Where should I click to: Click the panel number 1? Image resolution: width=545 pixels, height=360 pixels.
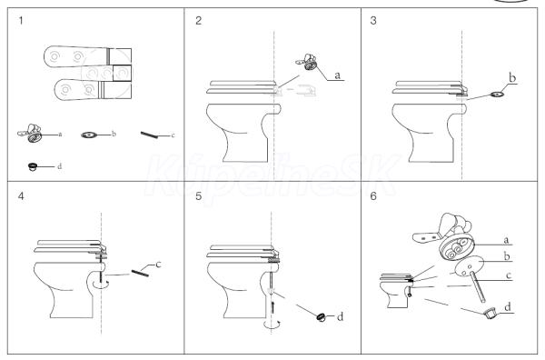21,21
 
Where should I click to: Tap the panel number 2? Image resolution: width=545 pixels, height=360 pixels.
198,21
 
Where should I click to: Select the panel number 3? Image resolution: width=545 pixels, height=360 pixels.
373,21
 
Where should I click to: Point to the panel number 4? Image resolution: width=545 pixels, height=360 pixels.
21,196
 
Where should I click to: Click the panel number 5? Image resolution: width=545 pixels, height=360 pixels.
198,196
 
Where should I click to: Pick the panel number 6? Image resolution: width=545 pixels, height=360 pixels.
373,196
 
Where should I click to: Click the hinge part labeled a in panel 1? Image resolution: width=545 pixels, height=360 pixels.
30,133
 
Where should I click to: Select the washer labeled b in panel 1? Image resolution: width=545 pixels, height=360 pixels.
89,135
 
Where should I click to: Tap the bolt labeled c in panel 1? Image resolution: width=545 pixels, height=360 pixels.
149,135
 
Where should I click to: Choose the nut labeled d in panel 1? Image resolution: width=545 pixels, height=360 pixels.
33,166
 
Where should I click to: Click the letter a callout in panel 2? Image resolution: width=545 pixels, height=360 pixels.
337,75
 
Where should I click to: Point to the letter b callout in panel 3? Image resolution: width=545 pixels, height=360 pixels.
512,78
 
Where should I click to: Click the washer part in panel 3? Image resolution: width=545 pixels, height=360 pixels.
499,94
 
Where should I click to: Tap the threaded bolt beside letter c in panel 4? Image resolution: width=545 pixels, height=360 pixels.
141,274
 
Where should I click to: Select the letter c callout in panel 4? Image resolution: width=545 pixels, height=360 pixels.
158,265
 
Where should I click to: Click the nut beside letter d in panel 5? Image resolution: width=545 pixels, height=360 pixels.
321,317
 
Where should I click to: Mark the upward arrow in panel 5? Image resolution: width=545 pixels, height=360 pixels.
273,306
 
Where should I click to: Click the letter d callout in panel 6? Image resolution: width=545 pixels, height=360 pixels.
508,306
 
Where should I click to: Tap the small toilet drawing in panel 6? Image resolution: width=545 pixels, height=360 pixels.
396,291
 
